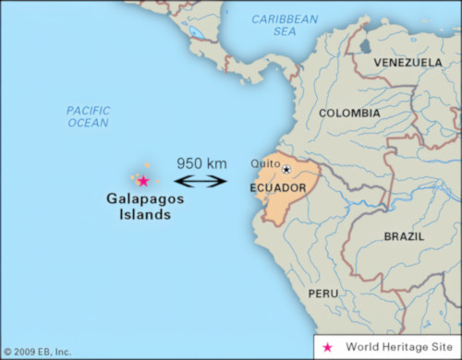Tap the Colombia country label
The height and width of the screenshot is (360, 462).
pos(348,114)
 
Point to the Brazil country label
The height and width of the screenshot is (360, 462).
pos(404,236)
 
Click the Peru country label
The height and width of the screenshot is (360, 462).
pos(323,293)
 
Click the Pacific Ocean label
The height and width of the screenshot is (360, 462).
pos(88,116)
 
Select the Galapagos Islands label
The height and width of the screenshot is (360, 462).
pos(138,206)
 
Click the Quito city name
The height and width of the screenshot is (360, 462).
pos(264,164)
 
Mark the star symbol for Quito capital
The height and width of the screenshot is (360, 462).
pos(286,170)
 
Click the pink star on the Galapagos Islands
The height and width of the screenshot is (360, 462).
pos(142,181)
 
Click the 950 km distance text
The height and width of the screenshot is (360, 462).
pos(201,163)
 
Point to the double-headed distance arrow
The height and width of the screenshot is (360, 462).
pos(201,181)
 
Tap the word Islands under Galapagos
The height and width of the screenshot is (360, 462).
pos(138,215)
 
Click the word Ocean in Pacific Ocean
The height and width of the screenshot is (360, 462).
pos(88,123)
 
